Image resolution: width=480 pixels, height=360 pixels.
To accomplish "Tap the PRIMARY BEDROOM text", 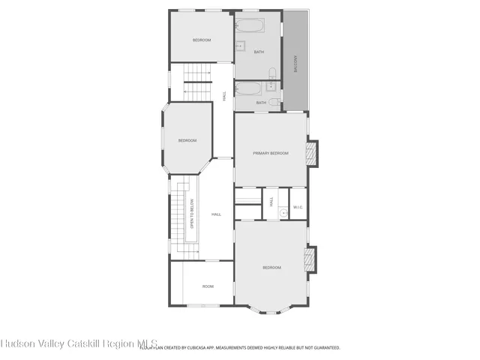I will [270, 153].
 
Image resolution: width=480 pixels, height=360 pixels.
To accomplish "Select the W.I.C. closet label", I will [297, 206].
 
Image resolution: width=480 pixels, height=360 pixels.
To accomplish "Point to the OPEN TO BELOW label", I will [192, 213].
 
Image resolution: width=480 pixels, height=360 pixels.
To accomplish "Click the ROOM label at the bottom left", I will [208, 286].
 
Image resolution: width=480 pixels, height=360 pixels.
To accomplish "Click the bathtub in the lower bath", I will [248, 88].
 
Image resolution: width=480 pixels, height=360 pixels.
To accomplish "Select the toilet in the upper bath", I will [273, 73].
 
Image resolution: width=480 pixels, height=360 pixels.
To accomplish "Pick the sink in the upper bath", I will [241, 46].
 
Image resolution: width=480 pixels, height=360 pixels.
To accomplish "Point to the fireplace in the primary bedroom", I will [314, 153].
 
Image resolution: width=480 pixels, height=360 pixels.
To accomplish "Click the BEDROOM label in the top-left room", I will [201, 40].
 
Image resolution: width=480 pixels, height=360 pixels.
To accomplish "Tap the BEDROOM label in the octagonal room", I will [187, 140].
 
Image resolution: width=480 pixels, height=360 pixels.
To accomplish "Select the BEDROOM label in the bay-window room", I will [271, 268].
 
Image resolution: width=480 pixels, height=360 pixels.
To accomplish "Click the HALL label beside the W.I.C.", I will [271, 202].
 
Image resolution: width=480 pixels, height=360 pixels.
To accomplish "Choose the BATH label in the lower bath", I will [261, 103].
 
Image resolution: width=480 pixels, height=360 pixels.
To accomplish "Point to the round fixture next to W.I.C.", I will [284, 213].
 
